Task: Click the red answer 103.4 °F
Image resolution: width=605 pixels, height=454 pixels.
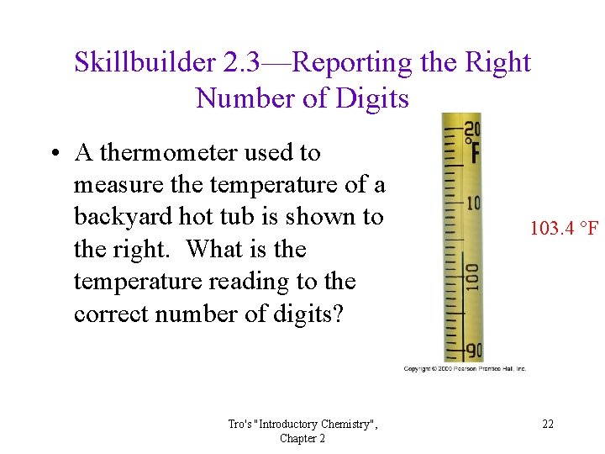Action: (564, 228)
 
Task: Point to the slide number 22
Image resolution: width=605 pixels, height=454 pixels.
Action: (548, 424)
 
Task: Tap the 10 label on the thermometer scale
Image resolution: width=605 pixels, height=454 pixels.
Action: (472, 204)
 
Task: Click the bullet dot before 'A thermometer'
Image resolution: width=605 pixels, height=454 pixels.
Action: (54, 154)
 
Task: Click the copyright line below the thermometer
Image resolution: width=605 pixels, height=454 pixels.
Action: (465, 369)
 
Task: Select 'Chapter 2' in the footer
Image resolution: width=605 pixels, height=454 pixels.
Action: (303, 438)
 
